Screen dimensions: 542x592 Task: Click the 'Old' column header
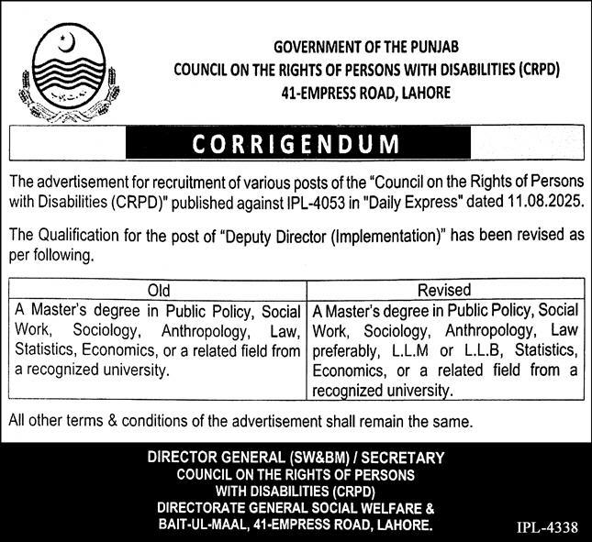[159, 290]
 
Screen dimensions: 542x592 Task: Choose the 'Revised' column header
[444, 290]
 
